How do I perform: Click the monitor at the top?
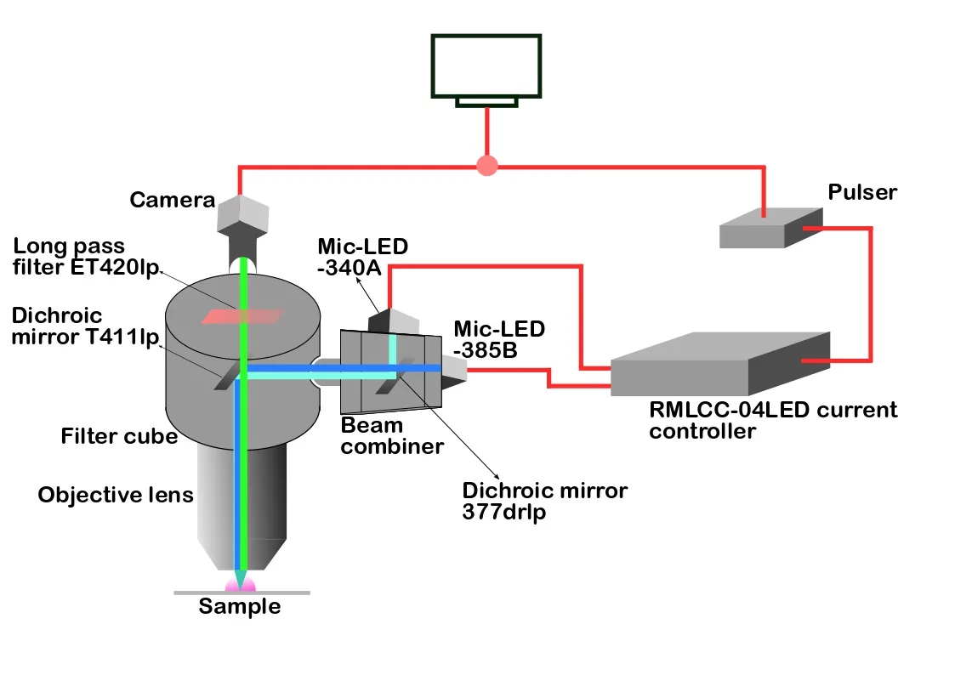[x=486, y=67]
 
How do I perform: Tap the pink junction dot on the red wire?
[x=486, y=165]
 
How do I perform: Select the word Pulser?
[x=861, y=192]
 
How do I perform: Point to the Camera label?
[x=172, y=201]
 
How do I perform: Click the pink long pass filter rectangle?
[x=242, y=316]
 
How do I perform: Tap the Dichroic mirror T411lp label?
[x=85, y=327]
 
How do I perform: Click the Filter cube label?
[x=119, y=437]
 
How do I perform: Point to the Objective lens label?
[x=116, y=495]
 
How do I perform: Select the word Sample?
[x=239, y=607]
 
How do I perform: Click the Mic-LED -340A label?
[x=361, y=258]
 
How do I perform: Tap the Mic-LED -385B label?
[x=499, y=338]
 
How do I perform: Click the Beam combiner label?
[x=392, y=434]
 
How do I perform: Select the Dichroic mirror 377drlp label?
[x=544, y=502]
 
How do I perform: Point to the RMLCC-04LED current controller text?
[x=772, y=421]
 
